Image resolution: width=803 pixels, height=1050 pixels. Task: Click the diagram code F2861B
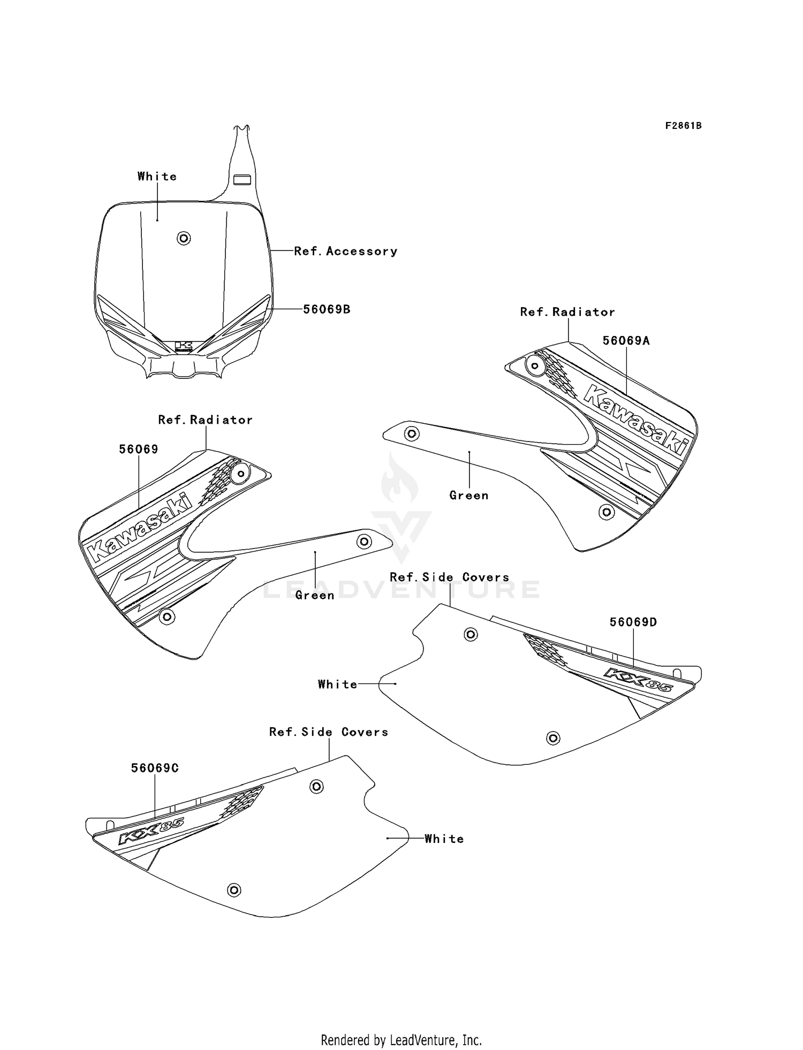click(683, 126)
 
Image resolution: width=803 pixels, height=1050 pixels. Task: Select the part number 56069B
click(327, 309)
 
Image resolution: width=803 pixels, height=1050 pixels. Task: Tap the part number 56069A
click(626, 341)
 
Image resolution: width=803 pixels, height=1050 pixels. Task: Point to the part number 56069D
click(633, 622)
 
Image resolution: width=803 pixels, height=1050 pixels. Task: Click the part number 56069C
click(155, 768)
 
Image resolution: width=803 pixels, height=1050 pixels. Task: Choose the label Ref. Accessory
click(346, 251)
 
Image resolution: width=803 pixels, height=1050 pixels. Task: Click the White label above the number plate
click(157, 177)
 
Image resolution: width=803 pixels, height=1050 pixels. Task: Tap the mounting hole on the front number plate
click(184, 238)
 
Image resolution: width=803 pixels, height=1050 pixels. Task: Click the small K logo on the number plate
click(183, 346)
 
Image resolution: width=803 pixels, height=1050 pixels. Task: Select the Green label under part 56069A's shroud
click(469, 496)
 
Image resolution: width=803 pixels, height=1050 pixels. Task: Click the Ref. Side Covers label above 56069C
click(328, 732)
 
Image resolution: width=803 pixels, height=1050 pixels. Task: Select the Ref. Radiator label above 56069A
click(567, 312)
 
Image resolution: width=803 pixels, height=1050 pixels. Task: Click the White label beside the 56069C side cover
click(444, 839)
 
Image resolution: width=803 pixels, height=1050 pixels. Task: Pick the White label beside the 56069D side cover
click(337, 684)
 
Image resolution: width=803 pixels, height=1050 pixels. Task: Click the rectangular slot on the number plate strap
click(243, 179)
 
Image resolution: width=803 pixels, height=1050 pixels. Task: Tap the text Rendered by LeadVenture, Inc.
click(401, 1040)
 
